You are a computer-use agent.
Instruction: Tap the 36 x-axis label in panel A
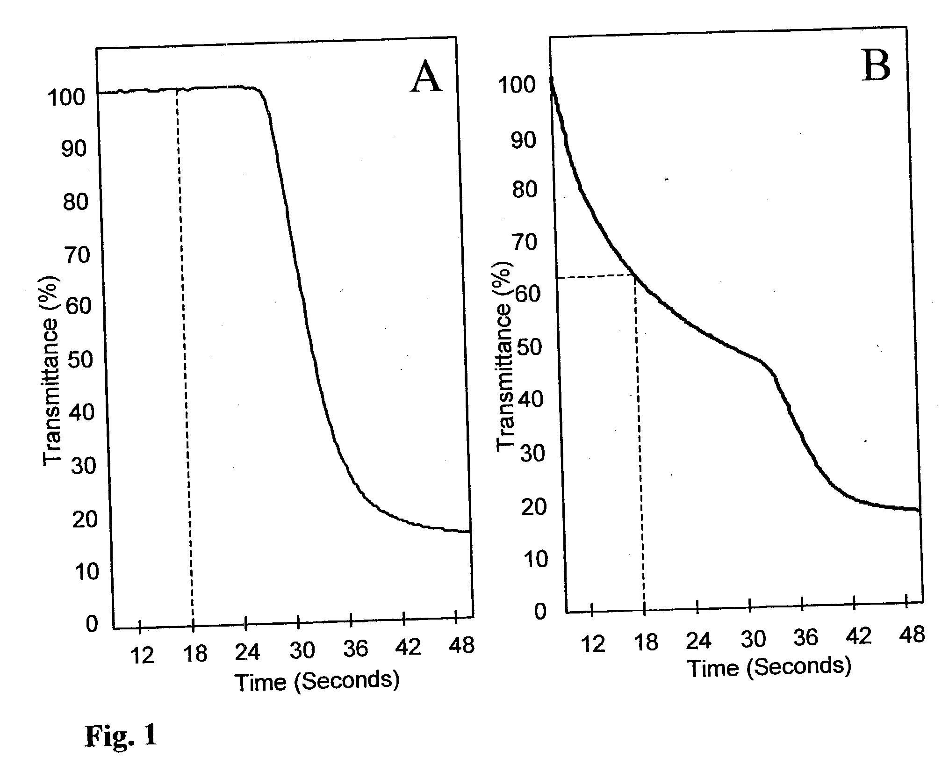tap(356, 649)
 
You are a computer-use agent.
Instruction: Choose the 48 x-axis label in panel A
tap(461, 645)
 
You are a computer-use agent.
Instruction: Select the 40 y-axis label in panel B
tap(533, 399)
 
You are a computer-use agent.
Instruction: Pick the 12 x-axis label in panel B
tap(593, 644)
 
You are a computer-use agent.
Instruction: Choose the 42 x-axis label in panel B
tap(859, 636)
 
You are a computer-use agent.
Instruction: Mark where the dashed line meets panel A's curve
tap(177, 89)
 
